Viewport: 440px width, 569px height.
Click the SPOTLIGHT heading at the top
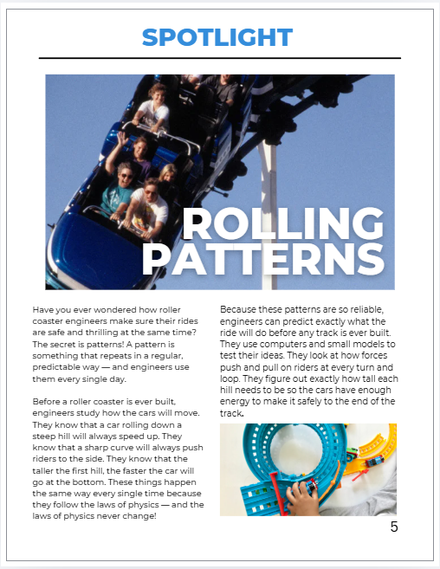(x=217, y=37)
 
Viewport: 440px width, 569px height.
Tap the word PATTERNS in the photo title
(x=263, y=260)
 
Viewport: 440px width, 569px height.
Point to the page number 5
(x=394, y=527)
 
